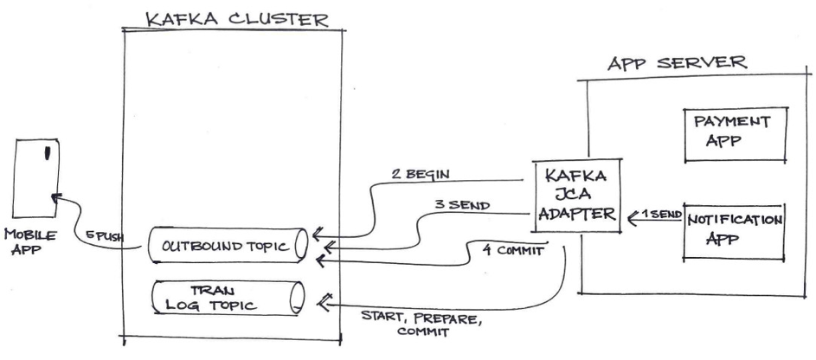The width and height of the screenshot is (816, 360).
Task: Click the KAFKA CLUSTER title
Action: pyautogui.click(x=236, y=18)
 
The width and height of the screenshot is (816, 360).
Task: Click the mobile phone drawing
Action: pyautogui.click(x=37, y=177)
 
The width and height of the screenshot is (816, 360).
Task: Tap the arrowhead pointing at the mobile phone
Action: pyautogui.click(x=56, y=199)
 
